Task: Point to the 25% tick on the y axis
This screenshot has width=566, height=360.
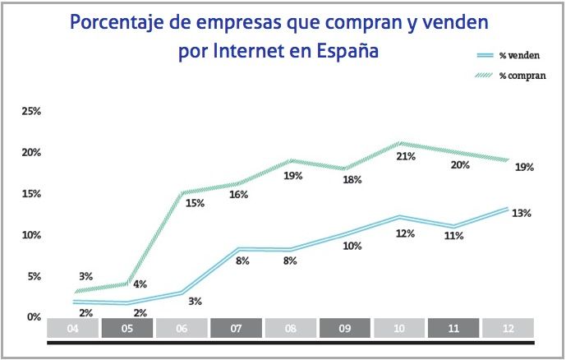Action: [x=30, y=111]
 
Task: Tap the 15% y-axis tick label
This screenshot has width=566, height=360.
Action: [x=30, y=194]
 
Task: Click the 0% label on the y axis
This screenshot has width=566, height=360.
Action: [x=33, y=317]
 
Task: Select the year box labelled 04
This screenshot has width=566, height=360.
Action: [x=73, y=328]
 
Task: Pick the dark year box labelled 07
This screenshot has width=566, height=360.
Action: [x=236, y=328]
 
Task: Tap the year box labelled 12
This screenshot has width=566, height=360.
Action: [x=508, y=328]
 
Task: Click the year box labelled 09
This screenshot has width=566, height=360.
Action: [x=344, y=328]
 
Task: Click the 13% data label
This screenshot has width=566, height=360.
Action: [x=521, y=214]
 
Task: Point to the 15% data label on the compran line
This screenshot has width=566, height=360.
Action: [x=194, y=203]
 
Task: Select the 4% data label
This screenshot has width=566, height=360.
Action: [x=140, y=285]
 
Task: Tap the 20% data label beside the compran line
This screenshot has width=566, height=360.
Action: [x=460, y=165]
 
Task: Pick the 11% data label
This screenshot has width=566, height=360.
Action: [x=453, y=236]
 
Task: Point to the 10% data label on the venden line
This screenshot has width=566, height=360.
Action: [x=352, y=246]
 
